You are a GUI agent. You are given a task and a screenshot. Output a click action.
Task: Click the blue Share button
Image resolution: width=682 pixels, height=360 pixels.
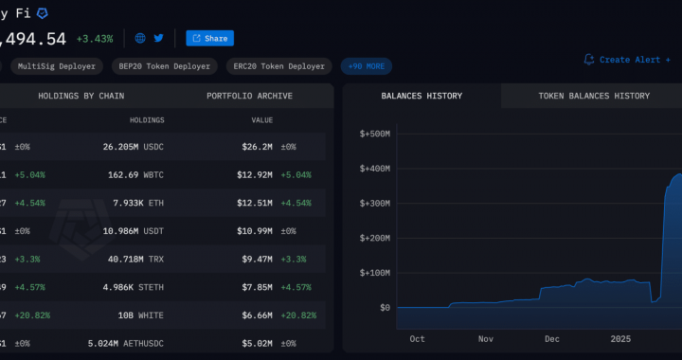(209, 39)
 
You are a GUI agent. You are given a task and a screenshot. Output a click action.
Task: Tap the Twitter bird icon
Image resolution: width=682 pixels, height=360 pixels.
(158, 39)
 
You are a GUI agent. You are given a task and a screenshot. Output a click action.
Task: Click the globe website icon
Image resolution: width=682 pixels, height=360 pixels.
(140, 39)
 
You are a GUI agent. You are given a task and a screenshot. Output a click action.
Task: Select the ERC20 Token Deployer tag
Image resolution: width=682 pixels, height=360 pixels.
(281, 66)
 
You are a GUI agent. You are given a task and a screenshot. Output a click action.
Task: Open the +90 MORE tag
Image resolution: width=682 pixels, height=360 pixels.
(367, 66)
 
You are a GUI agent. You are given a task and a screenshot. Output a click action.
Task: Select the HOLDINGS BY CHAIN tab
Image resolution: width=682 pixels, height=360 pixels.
(81, 96)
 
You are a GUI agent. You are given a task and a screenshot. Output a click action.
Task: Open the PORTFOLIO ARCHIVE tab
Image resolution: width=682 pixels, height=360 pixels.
(249, 96)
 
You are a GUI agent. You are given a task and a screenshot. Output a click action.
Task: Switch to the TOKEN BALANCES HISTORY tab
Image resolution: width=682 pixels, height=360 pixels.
(594, 96)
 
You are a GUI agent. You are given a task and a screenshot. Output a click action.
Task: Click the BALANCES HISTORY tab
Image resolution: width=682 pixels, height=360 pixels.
(422, 96)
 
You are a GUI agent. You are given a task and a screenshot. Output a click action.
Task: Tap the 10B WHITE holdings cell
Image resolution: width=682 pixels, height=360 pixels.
(142, 315)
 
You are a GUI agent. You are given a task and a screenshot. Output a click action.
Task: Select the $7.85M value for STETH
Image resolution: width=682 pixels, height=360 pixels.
(256, 287)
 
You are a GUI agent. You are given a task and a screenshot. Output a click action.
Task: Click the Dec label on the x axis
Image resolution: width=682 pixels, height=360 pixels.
(551, 339)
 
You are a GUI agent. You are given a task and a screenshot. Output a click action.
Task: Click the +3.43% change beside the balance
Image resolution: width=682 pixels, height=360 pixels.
(95, 39)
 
